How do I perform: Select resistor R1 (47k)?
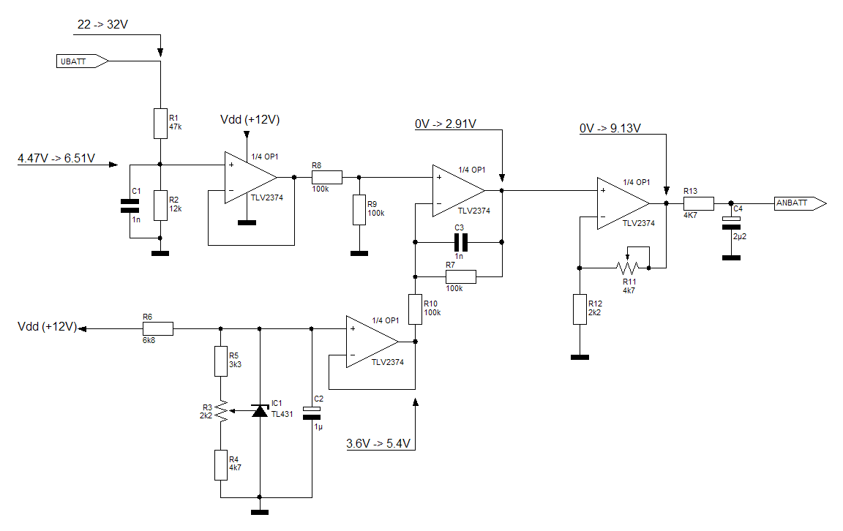pyautogui.click(x=160, y=123)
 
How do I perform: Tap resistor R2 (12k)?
pyautogui.click(x=160, y=204)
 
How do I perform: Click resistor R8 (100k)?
pyautogui.click(x=326, y=177)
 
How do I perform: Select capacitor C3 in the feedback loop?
pyautogui.click(x=460, y=241)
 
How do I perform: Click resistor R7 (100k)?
pyautogui.click(x=460, y=276)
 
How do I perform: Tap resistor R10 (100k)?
pyautogui.click(x=415, y=309)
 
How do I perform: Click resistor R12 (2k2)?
pyautogui.click(x=579, y=310)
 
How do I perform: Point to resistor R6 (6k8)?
pyautogui.click(x=158, y=328)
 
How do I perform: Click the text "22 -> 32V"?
pyautogui.click(x=103, y=24)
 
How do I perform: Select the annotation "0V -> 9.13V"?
pyautogui.click(x=610, y=128)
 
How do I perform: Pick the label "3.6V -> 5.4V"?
pyautogui.click(x=378, y=443)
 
